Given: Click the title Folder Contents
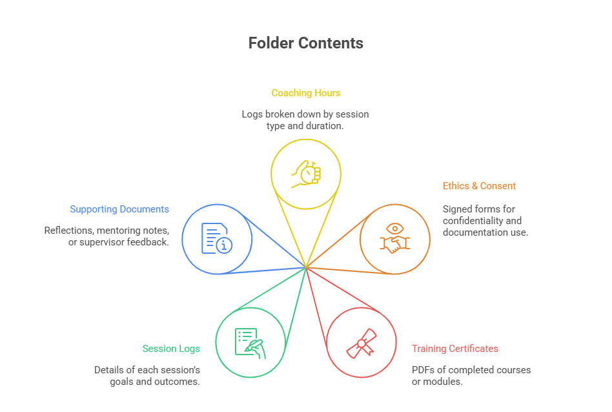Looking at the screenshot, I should coord(305,43).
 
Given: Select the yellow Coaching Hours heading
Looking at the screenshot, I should coord(305,93).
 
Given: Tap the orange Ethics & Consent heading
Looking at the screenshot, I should coord(479,186).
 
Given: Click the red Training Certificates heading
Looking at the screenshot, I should coord(455,349).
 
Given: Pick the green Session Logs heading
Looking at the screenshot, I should coord(171,349).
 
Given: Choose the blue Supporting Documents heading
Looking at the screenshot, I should coord(119,209).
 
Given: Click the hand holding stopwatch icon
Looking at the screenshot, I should coord(306,173).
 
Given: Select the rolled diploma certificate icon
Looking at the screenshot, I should coord(362,342).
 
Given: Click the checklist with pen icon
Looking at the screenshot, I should coord(250,342).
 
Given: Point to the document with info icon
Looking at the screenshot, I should coord(217,238).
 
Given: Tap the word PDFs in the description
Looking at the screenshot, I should coord(423,370).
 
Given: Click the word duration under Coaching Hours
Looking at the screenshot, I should coord(323,126).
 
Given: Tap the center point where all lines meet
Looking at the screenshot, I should coord(306,267).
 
